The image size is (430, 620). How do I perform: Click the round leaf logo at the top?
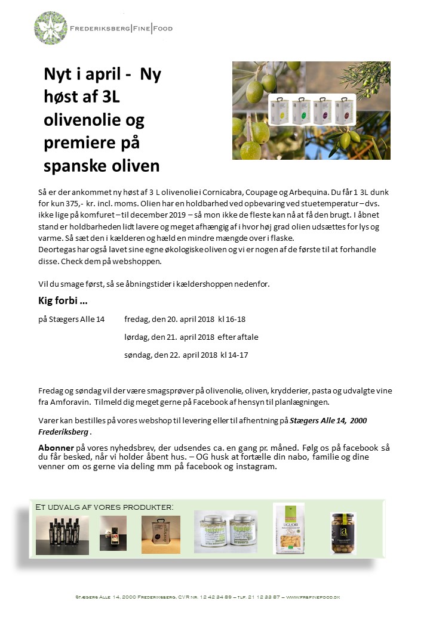pos(51,27)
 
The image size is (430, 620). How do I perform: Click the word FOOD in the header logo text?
pos(162,28)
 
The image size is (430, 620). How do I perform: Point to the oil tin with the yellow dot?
pos(279,110)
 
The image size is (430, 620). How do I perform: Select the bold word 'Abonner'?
pos(56,447)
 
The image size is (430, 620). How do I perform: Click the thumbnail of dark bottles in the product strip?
pos(54,527)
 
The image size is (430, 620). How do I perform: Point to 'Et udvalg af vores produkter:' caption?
pos(105,507)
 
